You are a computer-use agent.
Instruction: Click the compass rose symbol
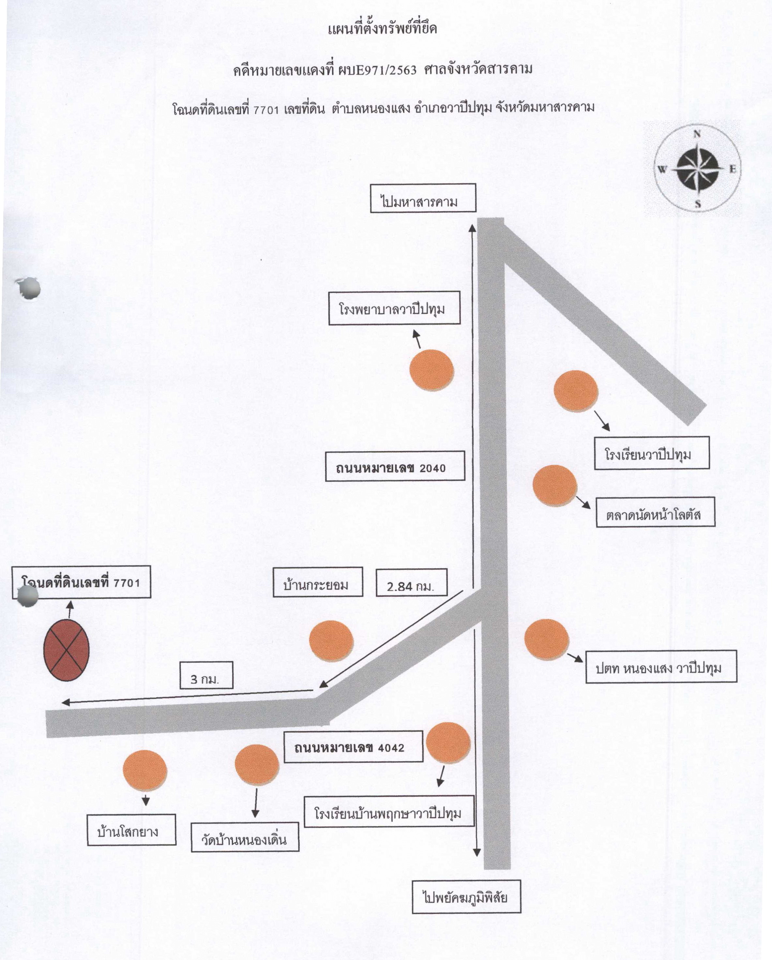click(x=697, y=169)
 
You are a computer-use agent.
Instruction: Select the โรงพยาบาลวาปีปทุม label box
click(x=394, y=308)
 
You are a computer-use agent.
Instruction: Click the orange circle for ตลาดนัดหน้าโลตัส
click(x=554, y=485)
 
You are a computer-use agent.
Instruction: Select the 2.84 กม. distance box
click(x=411, y=582)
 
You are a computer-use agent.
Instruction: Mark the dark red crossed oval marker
click(x=67, y=651)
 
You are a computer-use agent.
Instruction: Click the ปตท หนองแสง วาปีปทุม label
click(x=661, y=667)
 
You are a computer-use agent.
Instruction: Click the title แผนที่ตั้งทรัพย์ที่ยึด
click(x=382, y=29)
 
